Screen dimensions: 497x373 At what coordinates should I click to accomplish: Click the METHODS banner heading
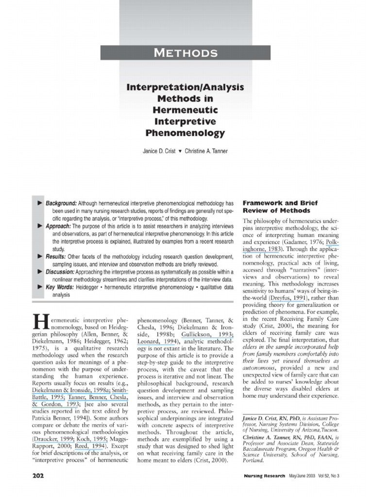[x=185, y=52]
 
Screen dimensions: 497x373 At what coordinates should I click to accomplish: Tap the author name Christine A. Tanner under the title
[x=206, y=151]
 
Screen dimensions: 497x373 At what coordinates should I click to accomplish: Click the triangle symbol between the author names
[x=180, y=151]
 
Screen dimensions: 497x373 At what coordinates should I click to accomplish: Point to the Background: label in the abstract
[x=61, y=202]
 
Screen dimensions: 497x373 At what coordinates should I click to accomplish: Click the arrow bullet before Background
[x=40, y=202]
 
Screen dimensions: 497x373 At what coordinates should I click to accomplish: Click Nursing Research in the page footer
[x=265, y=476]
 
